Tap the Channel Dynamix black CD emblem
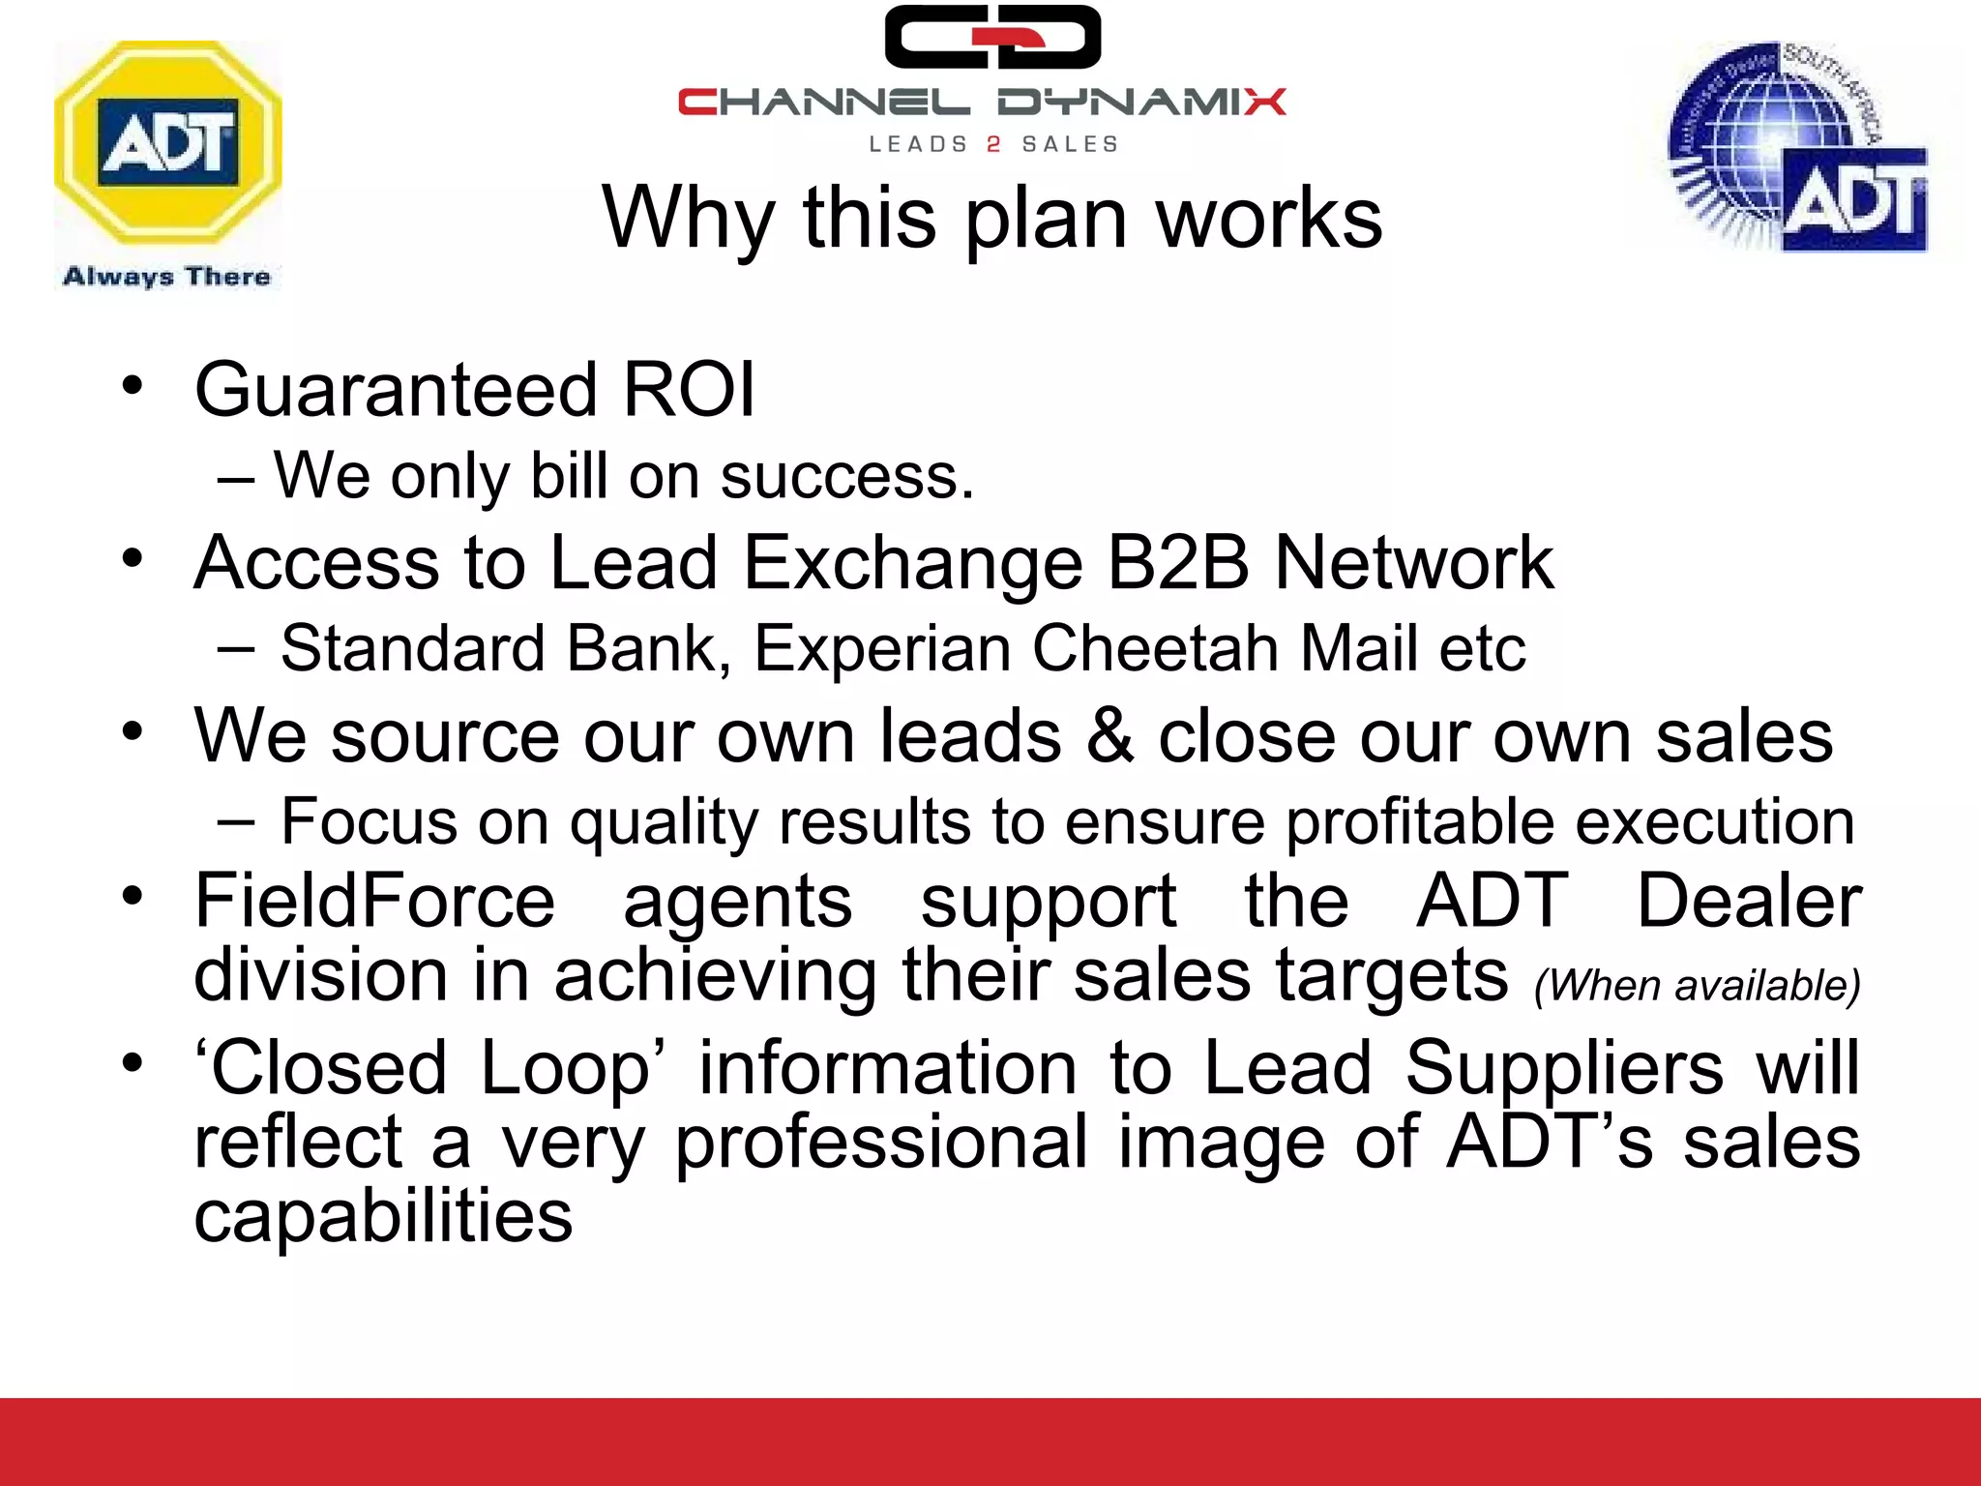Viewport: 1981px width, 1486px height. click(x=992, y=38)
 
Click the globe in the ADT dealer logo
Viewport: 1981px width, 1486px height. click(x=1760, y=145)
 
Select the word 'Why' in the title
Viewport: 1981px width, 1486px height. click(x=688, y=219)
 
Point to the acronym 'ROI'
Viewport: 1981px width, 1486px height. click(x=688, y=390)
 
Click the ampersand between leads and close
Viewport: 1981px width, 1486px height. click(x=1109, y=735)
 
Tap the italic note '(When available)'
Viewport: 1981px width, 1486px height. click(x=1697, y=986)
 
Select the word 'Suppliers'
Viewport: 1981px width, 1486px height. click(x=1563, y=1068)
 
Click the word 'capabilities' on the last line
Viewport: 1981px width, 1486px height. click(x=383, y=1216)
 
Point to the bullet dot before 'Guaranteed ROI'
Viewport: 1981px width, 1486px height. click(x=133, y=386)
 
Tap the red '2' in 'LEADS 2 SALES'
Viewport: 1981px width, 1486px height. click(x=993, y=145)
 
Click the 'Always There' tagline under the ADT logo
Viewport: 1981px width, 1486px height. click(x=166, y=277)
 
